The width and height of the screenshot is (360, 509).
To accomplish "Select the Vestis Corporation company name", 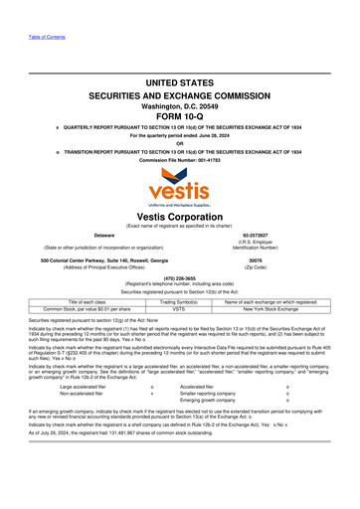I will coord(180,215).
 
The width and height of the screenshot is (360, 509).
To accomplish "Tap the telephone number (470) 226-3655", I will coord(180,277).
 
